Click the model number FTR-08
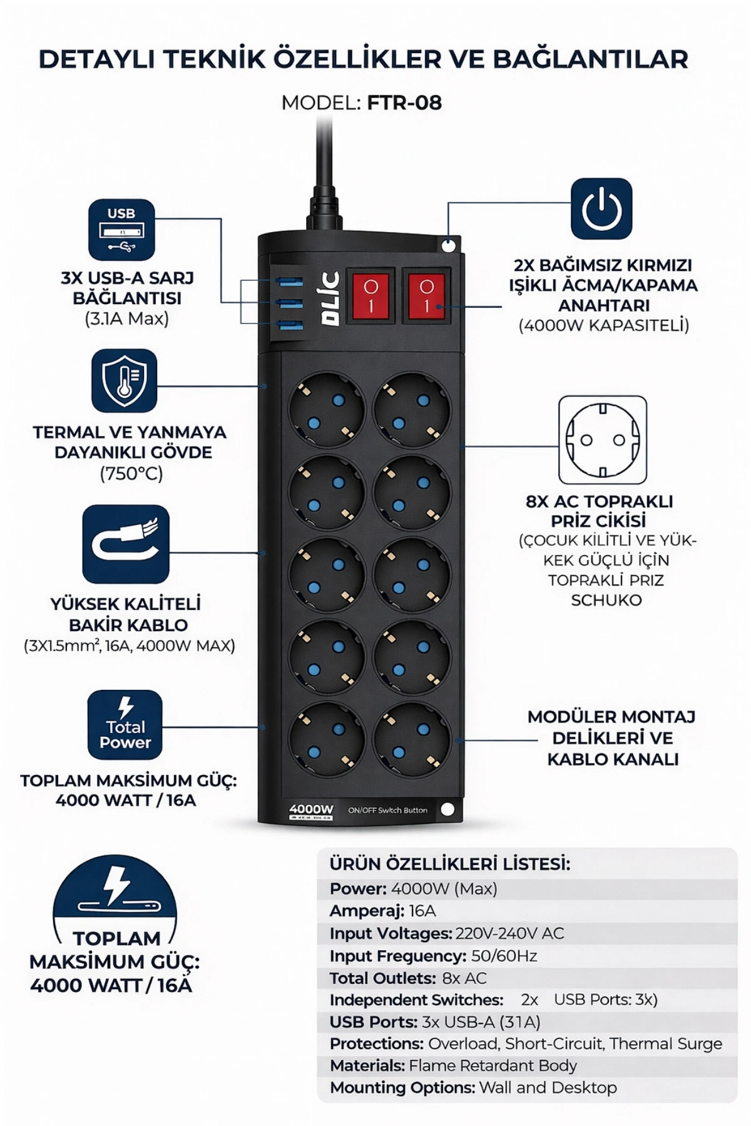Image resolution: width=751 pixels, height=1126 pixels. (404, 103)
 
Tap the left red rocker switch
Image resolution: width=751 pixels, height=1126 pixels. (371, 295)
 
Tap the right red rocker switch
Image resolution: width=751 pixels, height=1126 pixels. (426, 295)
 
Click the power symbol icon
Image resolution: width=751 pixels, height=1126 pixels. (601, 208)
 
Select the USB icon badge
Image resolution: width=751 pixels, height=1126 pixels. (121, 230)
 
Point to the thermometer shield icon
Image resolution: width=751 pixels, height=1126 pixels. (124, 381)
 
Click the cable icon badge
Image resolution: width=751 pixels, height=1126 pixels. (126, 544)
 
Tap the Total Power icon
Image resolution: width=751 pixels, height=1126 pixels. (125, 724)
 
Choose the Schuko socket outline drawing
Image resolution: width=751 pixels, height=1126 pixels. (602, 440)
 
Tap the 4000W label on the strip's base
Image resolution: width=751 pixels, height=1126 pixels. (311, 809)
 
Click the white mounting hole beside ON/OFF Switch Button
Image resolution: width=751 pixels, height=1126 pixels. (447, 809)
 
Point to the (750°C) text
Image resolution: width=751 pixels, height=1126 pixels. (131, 474)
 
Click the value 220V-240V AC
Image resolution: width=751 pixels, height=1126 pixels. (509, 933)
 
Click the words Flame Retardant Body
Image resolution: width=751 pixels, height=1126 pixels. (493, 1065)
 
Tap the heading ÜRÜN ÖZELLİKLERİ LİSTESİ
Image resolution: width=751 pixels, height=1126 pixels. (450, 864)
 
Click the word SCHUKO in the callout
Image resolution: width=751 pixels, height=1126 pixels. (606, 600)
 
